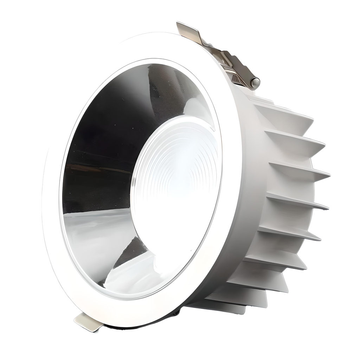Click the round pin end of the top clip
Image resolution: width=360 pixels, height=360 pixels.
(256, 83)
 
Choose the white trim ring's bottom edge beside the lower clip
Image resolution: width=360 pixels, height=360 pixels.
(116, 318)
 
